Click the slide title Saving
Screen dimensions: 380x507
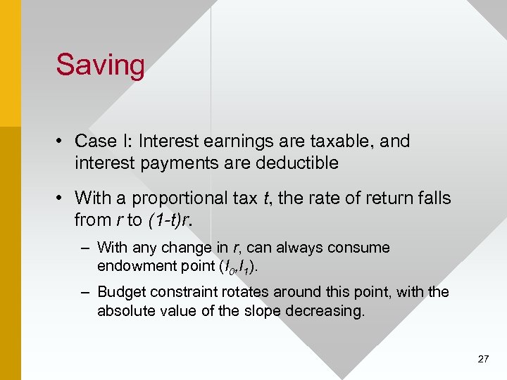(101, 65)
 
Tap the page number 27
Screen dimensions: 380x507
(483, 359)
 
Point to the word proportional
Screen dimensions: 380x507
(189, 198)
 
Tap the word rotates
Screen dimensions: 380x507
(251, 291)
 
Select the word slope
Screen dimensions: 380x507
(244, 310)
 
